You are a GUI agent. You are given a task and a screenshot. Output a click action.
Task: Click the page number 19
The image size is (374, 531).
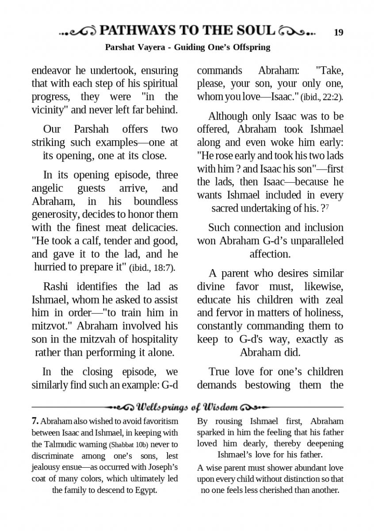[339, 32]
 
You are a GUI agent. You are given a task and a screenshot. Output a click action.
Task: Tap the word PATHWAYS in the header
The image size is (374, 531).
[138, 31]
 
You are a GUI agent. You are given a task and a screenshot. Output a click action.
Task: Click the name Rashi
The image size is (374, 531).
[58, 287]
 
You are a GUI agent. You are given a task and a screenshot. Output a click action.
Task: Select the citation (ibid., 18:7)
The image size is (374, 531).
[152, 268]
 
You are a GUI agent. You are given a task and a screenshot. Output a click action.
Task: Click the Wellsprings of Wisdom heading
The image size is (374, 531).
[188, 407]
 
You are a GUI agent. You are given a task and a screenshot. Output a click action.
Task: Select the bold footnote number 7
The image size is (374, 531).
[35, 421]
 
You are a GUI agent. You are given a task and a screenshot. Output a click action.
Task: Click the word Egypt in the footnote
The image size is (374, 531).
[146, 490]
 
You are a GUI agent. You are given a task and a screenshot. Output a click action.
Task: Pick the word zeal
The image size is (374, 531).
[333, 300]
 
